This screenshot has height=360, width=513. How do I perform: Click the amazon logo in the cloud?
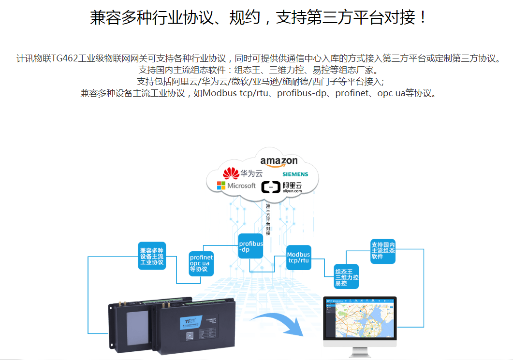tap(279, 161)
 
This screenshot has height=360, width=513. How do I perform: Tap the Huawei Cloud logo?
tap(242, 173)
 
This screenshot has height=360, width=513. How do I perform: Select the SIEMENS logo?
tap(295, 174)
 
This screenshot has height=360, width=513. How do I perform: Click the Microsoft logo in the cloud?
tap(236, 186)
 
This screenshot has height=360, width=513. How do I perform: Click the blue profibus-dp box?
tap(250, 246)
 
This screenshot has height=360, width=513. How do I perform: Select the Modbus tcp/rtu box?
tap(298, 258)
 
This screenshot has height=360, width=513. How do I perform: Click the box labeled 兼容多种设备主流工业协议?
tap(152, 256)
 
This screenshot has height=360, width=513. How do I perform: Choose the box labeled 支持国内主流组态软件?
tap(383, 251)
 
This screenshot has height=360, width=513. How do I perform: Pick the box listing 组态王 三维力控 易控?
tap(346, 277)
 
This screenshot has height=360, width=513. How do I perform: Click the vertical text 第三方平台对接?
tap(268, 220)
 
